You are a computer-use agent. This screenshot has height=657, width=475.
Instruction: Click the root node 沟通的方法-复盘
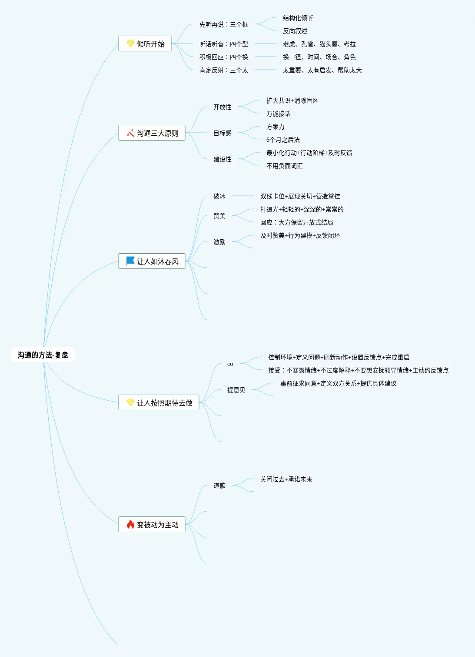[43, 355]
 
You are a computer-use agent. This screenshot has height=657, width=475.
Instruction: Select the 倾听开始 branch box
[145, 44]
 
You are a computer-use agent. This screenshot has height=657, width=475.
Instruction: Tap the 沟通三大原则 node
[152, 133]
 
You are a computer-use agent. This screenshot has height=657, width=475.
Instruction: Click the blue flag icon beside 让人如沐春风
[130, 261]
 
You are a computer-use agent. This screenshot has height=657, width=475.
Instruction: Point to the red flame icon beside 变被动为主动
[130, 524]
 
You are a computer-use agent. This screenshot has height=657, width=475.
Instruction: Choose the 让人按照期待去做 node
[159, 403]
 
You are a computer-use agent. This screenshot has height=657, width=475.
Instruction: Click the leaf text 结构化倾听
[298, 18]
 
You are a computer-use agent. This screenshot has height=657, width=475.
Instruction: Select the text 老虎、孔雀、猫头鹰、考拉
[319, 44]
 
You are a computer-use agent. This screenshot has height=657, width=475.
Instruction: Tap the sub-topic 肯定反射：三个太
[223, 70]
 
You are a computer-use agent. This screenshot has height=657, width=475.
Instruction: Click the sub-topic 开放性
[222, 107]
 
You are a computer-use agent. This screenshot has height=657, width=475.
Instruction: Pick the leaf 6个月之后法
[283, 140]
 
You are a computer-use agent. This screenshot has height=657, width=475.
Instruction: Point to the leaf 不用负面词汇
[284, 166]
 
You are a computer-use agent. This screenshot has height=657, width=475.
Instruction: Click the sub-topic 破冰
[219, 196]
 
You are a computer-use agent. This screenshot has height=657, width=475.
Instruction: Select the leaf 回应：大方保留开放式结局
[296, 222]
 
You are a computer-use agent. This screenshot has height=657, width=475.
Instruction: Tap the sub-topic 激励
[219, 242]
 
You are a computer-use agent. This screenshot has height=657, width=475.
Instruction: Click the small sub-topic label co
[230, 364]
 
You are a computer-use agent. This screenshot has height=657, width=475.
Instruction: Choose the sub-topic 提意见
[236, 390]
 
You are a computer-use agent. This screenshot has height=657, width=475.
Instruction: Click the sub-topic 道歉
[219, 486]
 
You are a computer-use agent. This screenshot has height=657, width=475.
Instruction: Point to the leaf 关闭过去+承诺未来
[286, 479]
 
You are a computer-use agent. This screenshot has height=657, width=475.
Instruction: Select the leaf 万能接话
[278, 114]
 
